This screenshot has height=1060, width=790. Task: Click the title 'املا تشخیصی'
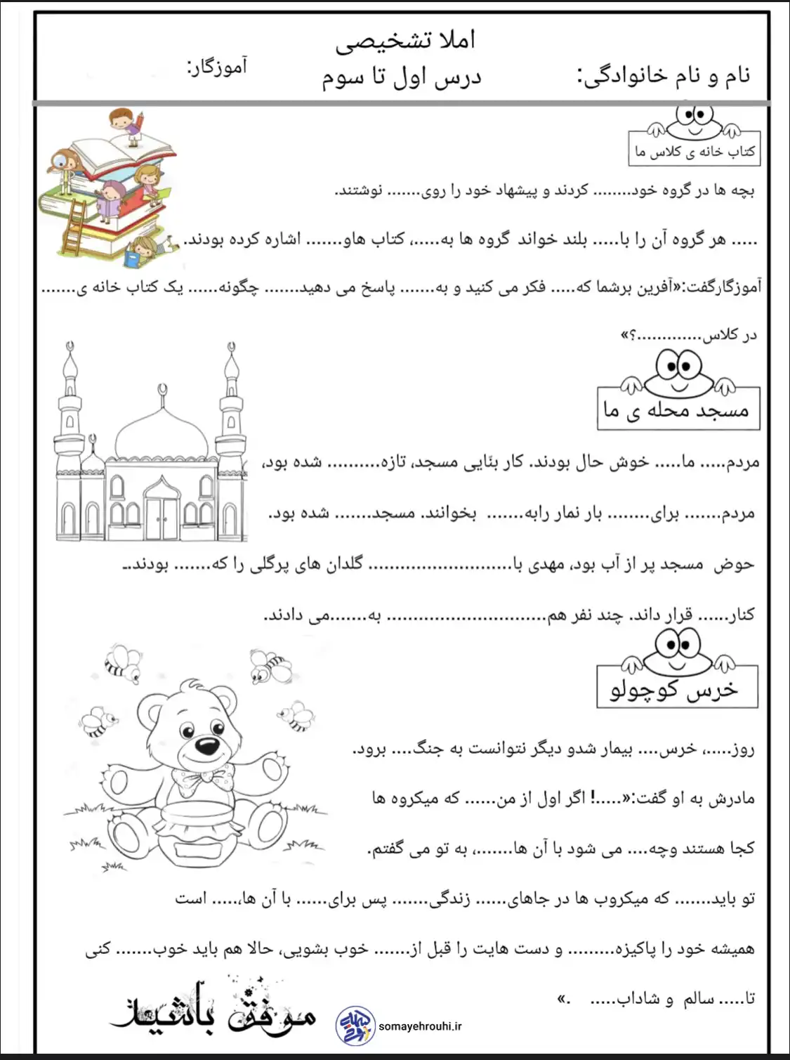(x=405, y=41)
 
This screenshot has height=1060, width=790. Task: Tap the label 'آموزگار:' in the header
(x=216, y=67)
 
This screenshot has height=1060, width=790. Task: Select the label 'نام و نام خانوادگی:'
(x=664, y=74)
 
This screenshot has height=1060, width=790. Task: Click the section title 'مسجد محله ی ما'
(x=677, y=410)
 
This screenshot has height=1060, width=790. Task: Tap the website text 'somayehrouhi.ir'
(x=420, y=1026)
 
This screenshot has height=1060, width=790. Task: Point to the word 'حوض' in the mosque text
(x=734, y=564)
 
